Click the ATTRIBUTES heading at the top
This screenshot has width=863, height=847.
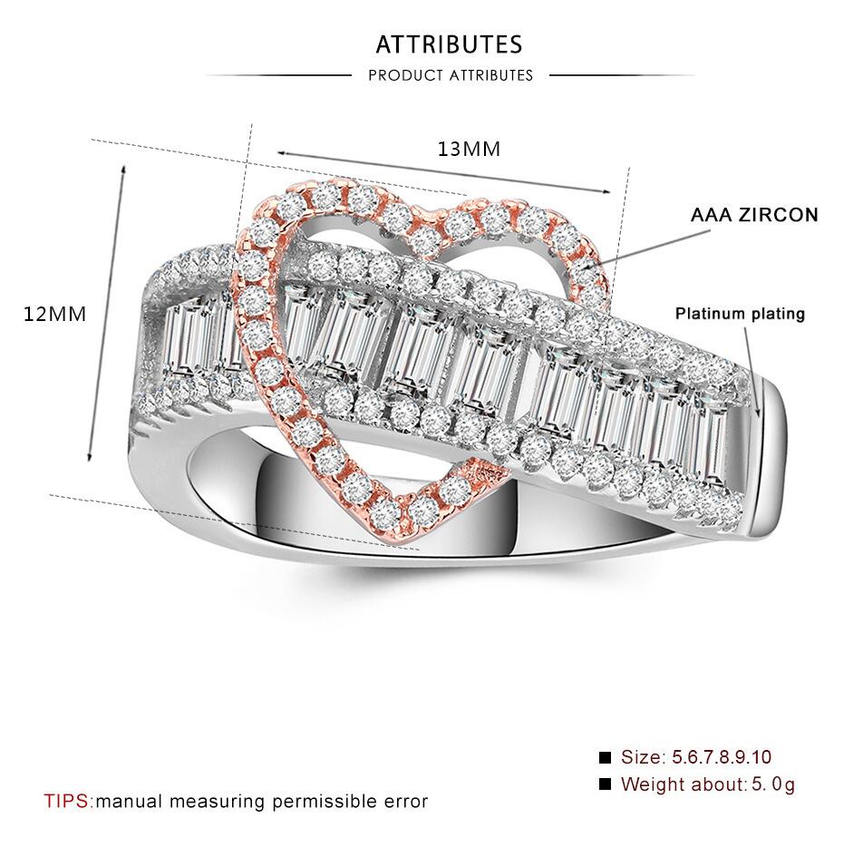click(x=449, y=44)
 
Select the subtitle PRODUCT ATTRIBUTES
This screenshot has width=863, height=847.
click(x=451, y=75)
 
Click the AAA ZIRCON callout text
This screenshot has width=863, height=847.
click(x=754, y=216)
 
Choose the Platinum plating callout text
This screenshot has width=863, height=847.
click(x=740, y=314)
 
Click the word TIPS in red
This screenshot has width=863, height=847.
click(x=67, y=802)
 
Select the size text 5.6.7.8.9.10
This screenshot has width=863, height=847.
click(x=721, y=757)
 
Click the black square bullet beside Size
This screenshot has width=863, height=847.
click(x=606, y=757)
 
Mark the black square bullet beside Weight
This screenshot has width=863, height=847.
click(x=606, y=784)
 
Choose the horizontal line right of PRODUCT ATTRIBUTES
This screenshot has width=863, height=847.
click(x=622, y=75)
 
